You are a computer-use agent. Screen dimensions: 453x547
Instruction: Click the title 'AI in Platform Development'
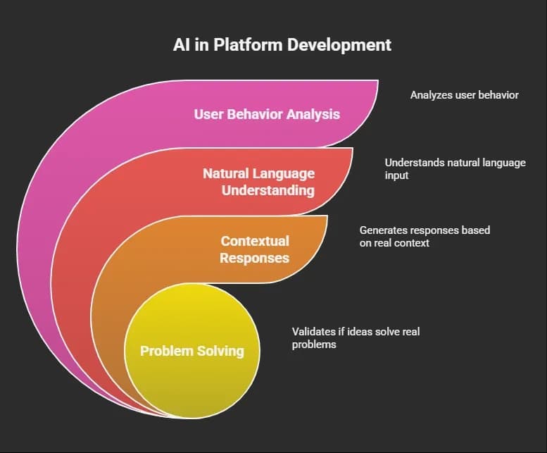282,45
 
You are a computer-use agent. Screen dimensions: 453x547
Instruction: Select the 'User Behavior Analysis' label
267,113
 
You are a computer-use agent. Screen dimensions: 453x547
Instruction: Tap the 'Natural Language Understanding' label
258,181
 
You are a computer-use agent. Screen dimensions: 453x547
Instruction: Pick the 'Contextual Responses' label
254,249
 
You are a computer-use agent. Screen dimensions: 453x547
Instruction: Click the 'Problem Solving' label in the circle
191,350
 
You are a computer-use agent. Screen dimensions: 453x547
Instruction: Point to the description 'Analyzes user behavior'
464,94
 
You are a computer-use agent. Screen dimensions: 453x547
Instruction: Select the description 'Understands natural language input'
455,168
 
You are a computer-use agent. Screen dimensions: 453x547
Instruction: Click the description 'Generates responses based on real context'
425,236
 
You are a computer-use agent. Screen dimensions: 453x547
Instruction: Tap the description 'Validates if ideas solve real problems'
356,337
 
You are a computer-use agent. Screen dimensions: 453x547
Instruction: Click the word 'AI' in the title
182,45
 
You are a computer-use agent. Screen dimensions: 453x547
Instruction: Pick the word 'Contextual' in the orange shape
254,241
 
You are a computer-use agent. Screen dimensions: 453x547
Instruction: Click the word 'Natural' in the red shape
226,173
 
